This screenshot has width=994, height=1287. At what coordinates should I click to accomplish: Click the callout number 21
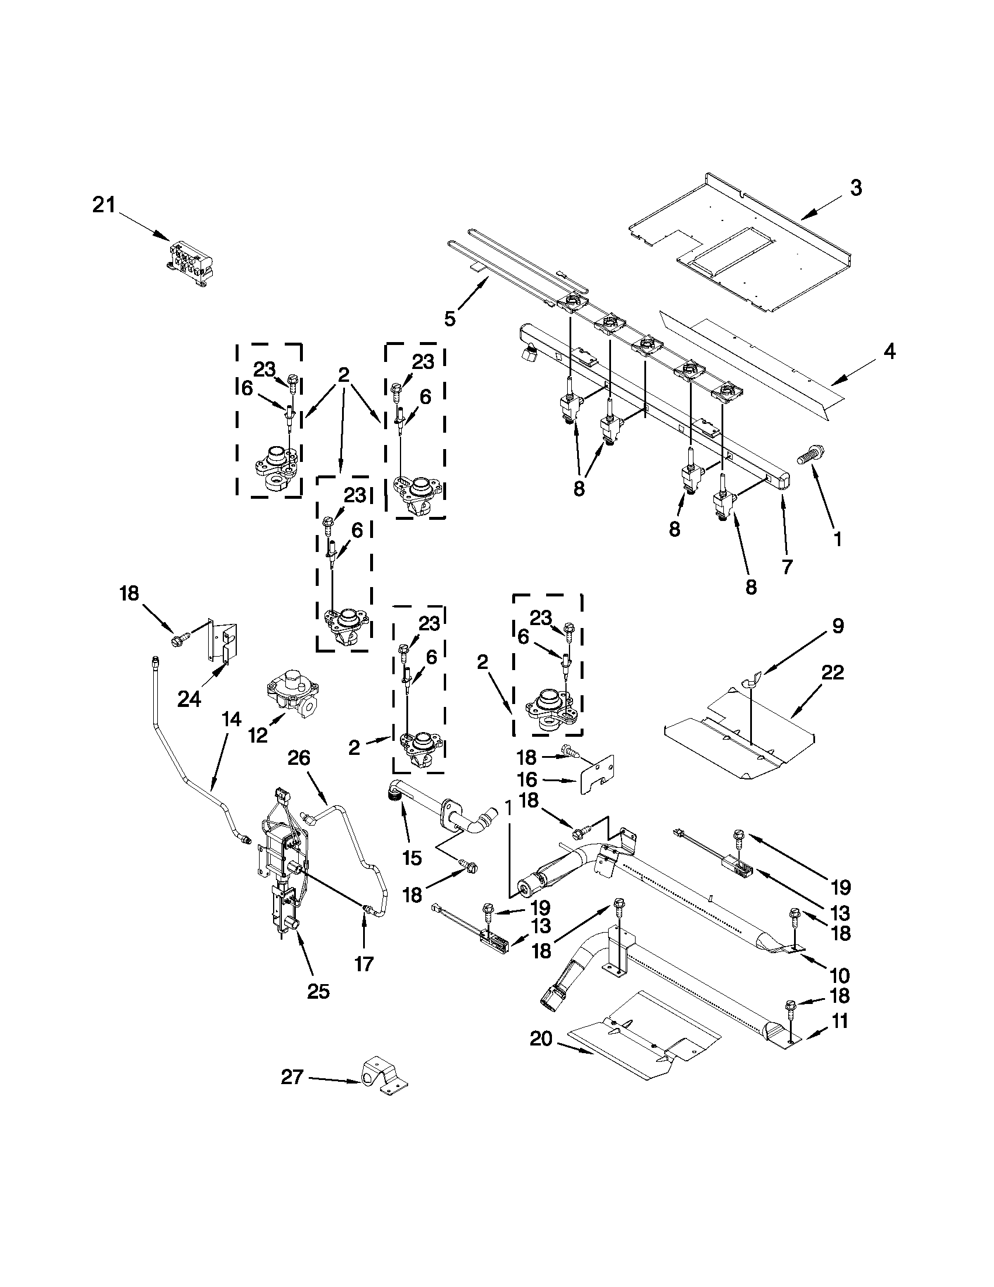[x=104, y=206]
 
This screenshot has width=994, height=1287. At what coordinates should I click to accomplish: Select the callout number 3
[x=856, y=188]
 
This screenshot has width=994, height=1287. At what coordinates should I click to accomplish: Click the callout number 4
[x=889, y=352]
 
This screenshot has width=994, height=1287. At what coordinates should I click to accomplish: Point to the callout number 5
[x=450, y=319]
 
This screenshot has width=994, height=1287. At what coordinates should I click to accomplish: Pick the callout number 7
[x=787, y=566]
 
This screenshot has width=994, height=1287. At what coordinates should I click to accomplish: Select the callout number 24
[x=189, y=699]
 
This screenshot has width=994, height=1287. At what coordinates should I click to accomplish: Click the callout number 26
[x=299, y=757]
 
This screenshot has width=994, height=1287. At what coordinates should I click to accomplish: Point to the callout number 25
[x=318, y=992]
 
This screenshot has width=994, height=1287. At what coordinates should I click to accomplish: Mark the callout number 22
[x=833, y=672]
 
